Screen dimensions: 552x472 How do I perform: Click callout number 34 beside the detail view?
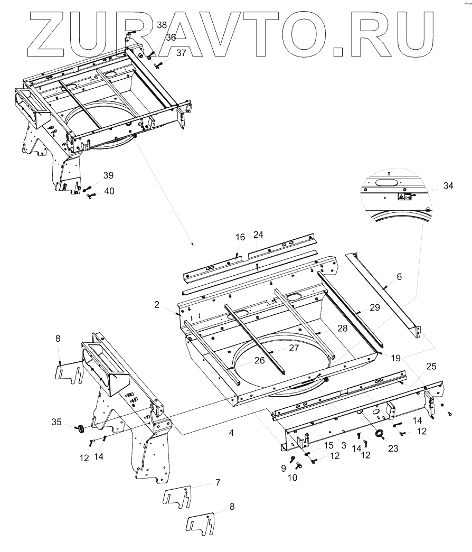pyautogui.click(x=448, y=185)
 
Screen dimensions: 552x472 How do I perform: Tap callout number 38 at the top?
pyautogui.click(x=162, y=25)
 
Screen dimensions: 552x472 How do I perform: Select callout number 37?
pyautogui.click(x=181, y=53)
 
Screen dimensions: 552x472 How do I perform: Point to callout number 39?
pyautogui.click(x=108, y=175)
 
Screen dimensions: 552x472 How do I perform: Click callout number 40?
pyautogui.click(x=109, y=191)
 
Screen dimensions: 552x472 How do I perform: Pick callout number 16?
pyautogui.click(x=240, y=237)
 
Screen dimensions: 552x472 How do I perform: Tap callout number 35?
pyautogui.click(x=56, y=421)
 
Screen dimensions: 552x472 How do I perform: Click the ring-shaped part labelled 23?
pyautogui.click(x=379, y=435)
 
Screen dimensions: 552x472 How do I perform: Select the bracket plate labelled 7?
pyautogui.click(x=177, y=499)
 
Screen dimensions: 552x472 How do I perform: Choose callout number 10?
pyautogui.click(x=292, y=478)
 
